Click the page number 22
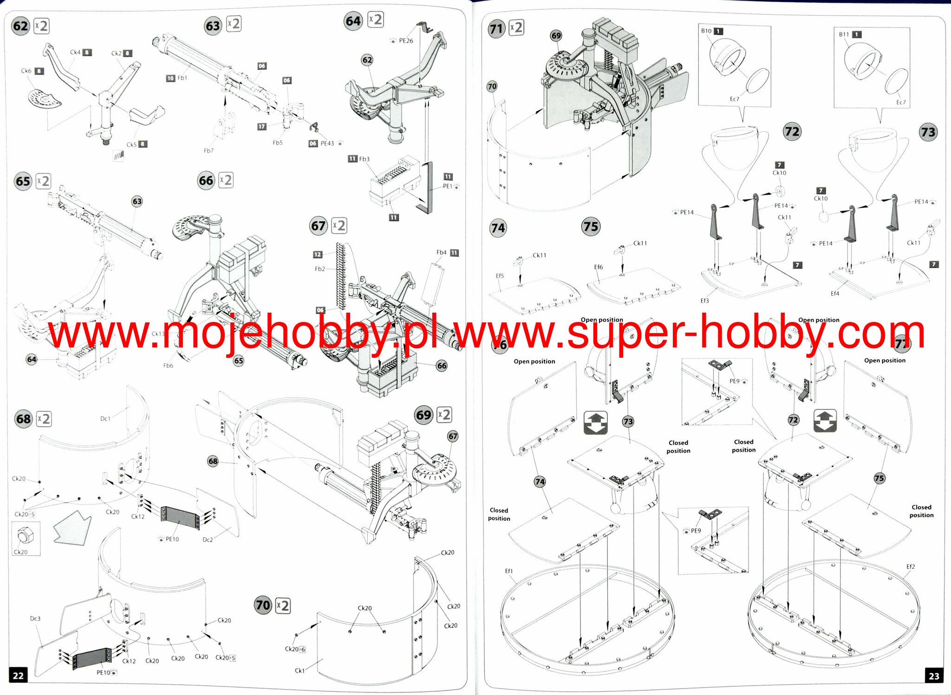click(x=18, y=675)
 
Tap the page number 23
click(x=934, y=676)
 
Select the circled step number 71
click(x=496, y=29)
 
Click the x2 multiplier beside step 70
click(x=283, y=606)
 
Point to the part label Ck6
click(x=26, y=71)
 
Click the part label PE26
click(x=406, y=41)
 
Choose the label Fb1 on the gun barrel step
click(x=182, y=78)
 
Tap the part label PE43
click(x=327, y=144)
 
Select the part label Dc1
click(x=105, y=419)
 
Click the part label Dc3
click(x=35, y=618)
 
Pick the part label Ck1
click(x=300, y=670)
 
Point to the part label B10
click(x=706, y=31)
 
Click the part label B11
click(x=844, y=34)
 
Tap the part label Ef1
click(x=509, y=571)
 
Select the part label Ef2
click(x=911, y=567)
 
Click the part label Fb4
click(x=441, y=253)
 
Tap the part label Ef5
click(x=500, y=276)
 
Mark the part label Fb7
click(x=208, y=151)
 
